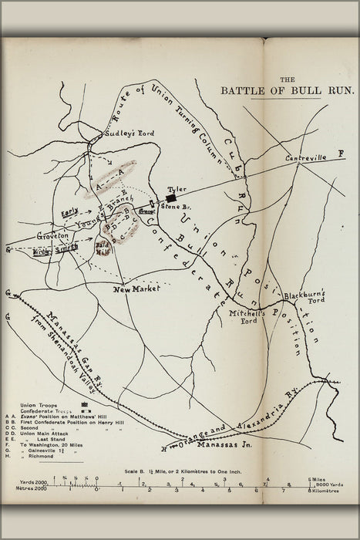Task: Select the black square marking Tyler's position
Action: pos(170,197)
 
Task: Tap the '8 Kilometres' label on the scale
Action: pos(325,490)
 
